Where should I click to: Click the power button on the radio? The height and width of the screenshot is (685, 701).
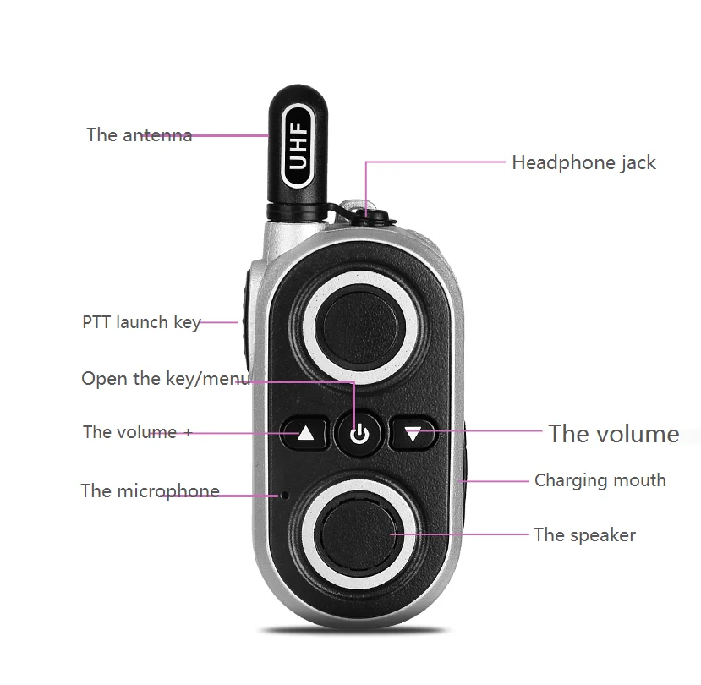point(360,435)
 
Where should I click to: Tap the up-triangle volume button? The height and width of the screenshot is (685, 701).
point(305,435)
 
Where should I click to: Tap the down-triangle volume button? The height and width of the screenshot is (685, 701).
point(413,435)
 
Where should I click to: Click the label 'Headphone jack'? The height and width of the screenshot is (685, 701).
point(583,162)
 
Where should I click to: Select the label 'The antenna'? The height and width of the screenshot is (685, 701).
point(139,135)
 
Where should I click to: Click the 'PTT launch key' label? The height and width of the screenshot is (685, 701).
point(141,322)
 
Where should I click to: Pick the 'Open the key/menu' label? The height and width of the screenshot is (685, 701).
point(165,378)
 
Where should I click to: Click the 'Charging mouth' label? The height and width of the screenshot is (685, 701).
point(600,480)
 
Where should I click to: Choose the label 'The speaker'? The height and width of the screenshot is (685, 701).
point(584,534)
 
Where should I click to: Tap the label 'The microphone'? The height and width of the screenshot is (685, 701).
point(150,491)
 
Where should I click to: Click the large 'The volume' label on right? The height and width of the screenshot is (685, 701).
point(614,434)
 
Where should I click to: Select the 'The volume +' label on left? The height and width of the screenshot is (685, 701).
point(137,432)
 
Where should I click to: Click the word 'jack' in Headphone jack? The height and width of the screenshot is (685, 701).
point(637,162)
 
